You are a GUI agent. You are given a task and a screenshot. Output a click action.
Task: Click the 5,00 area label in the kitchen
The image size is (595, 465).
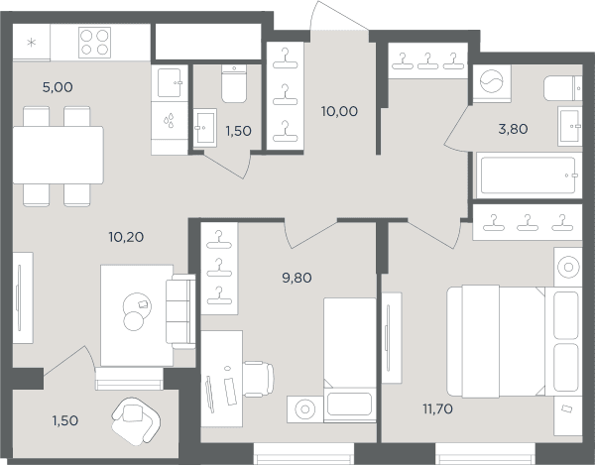(x=58, y=87)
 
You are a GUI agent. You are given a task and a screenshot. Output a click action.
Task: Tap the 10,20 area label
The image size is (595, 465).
(x=126, y=237)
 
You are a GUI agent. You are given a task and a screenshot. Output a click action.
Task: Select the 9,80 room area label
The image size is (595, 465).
(x=297, y=278)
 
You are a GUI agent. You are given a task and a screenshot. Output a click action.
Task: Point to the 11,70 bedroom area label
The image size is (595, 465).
(x=437, y=408)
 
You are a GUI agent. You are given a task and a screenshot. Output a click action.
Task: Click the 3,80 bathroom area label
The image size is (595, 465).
(x=513, y=129)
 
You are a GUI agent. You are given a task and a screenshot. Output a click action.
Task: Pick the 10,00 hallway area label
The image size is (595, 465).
(x=339, y=111)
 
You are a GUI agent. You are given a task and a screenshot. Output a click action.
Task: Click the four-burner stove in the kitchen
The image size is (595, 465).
(x=95, y=43)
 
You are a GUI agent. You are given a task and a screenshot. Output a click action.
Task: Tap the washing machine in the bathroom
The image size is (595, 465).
(x=492, y=82)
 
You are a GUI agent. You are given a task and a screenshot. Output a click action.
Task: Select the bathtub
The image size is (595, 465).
(x=529, y=175)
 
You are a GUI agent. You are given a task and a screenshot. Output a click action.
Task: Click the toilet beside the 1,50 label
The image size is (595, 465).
(x=234, y=83)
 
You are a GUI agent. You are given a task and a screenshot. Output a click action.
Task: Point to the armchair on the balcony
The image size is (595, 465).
(x=136, y=420)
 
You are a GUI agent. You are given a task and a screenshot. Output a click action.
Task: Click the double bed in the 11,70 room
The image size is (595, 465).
(x=514, y=341)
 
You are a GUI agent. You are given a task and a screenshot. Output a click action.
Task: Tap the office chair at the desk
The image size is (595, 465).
(x=258, y=380)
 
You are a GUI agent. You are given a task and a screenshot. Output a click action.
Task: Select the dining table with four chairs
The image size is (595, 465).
(x=58, y=156)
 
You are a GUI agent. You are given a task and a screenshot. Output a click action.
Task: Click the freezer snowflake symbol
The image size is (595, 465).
(x=32, y=42)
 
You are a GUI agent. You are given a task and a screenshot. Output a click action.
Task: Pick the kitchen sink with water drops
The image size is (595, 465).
(x=170, y=121)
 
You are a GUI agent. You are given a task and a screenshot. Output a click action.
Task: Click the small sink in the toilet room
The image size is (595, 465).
(x=205, y=128)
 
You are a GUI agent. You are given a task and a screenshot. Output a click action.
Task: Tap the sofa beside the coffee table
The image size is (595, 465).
(x=180, y=311)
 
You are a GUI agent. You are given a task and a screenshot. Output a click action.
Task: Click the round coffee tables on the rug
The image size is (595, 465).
(x=136, y=311)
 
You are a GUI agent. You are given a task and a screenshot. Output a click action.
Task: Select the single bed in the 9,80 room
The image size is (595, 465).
(x=349, y=360)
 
